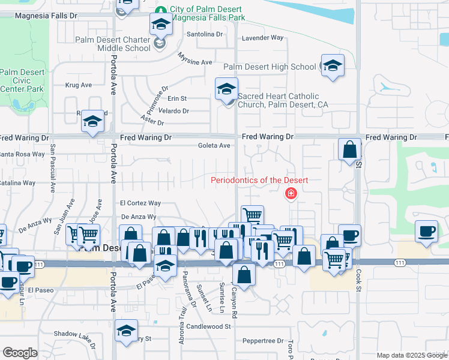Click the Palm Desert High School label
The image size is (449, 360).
pos(270,67)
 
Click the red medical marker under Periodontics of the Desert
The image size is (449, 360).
pos(291,193)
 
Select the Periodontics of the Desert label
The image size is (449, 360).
pos(259,181)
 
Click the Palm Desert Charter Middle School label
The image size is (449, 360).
pos(113,44)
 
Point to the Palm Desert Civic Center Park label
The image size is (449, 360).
pos(22,80)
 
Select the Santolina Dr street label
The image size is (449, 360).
pos(203,34)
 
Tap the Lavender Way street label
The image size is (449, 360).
pos(262,38)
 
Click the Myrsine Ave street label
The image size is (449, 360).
pos(195,59)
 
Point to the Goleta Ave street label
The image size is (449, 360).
pos(214,145)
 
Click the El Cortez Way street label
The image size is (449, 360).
pos(140,203)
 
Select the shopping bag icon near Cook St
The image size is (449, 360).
pos(349,149)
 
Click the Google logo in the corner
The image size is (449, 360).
pos(20,353)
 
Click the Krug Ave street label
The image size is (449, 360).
pos(78,85)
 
